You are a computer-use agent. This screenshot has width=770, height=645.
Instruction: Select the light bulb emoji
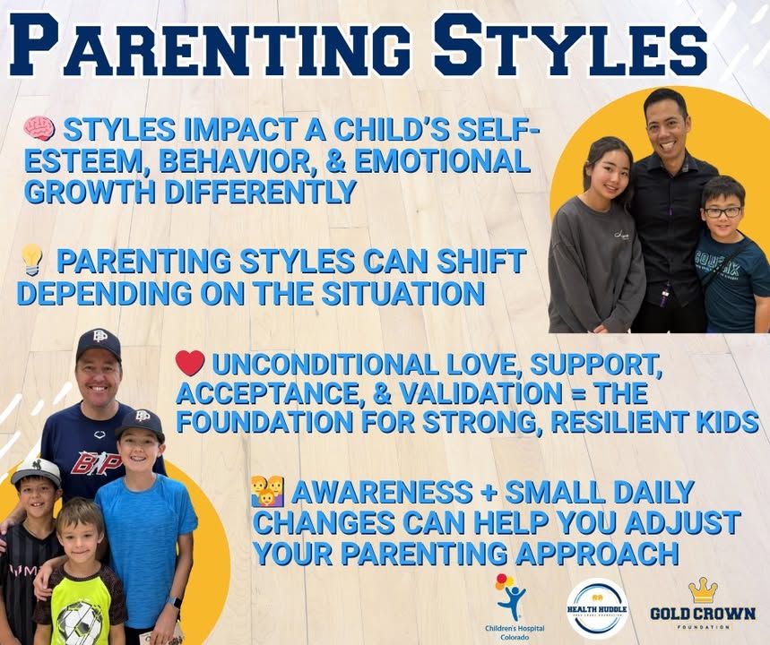pos(32,260)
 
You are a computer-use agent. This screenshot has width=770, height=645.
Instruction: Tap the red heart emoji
pos(190,363)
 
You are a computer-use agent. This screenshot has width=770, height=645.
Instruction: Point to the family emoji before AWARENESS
pos(268,492)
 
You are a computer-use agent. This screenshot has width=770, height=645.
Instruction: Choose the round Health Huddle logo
pos(597,607)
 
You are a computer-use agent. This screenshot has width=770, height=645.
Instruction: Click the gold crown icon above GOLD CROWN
pos(703,590)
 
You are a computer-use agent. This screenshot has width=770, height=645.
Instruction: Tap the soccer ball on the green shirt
pos(80,622)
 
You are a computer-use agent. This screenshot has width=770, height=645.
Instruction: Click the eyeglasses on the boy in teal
pos(722,212)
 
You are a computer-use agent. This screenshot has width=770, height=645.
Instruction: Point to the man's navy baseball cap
pos(99,343)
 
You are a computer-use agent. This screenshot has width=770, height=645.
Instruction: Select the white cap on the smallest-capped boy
pos(35,472)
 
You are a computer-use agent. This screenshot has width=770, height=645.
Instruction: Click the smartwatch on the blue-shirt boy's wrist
pos(174,602)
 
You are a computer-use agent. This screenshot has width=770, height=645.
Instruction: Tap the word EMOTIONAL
pos(442,161)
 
